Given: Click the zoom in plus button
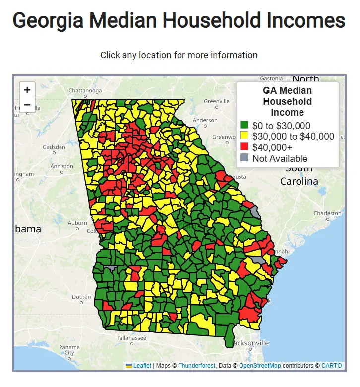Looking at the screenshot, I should point(27,90).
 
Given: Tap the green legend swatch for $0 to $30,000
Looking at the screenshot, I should point(244,125).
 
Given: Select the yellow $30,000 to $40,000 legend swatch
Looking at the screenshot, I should point(244,136).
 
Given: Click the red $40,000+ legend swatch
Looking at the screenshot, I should point(244,147).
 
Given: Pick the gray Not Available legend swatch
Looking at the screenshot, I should point(244,158).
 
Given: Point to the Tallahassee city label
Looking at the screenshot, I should point(132,338).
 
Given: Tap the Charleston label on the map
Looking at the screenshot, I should point(327,213).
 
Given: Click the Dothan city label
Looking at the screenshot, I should point(81,297).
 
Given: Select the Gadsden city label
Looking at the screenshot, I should point(54,147).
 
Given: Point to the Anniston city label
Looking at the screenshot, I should point(61,166).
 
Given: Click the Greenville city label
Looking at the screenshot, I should point(217,101).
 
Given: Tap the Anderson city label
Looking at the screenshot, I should point(205,120).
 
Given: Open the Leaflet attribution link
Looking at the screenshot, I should point(142,366).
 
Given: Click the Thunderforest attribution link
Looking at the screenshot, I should point(196,366).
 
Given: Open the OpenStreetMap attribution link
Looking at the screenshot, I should point(260,366).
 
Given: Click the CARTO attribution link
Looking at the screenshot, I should point(331,366).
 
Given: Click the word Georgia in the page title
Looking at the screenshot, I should point(48,21).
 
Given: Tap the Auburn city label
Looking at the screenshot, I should point(78,223).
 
